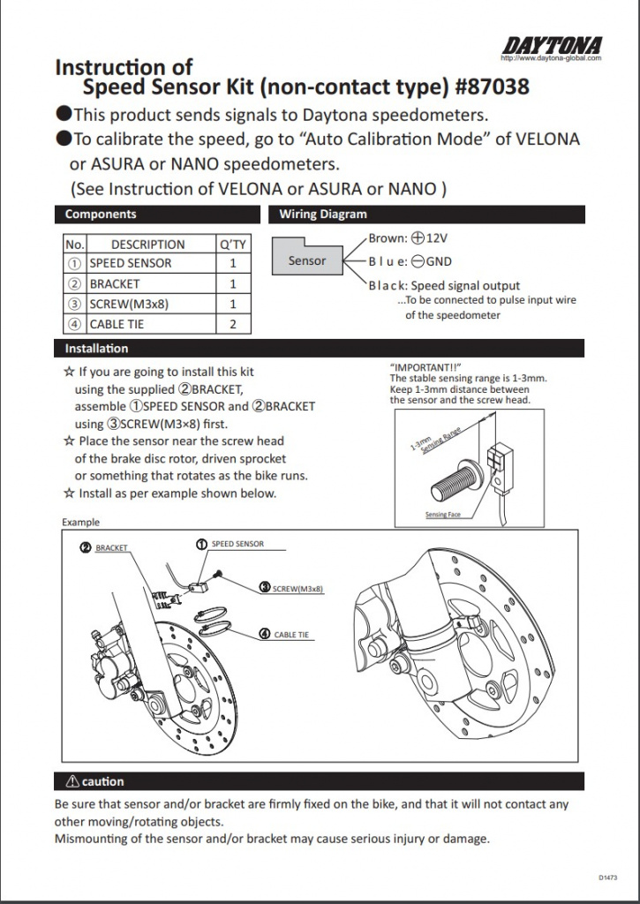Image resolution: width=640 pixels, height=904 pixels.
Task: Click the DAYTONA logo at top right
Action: click(553, 45)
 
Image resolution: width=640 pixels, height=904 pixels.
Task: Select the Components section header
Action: click(101, 214)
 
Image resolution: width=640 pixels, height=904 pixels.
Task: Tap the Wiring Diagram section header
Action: click(322, 214)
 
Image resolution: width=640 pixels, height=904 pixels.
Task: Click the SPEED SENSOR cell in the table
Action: click(131, 263)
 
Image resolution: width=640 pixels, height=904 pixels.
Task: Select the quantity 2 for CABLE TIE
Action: click(233, 324)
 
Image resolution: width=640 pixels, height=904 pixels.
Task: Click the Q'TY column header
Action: click(233, 245)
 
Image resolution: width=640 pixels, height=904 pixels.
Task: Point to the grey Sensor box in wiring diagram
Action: click(307, 260)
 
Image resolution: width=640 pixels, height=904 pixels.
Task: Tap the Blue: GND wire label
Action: click(410, 261)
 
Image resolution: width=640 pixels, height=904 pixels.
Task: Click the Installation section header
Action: click(97, 349)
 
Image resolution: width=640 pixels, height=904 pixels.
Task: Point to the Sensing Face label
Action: click(442, 514)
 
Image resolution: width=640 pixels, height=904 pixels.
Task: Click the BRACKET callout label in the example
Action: click(111, 548)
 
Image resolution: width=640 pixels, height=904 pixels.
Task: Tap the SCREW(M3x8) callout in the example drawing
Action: click(297, 588)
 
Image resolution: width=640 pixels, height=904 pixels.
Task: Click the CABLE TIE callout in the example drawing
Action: click(290, 635)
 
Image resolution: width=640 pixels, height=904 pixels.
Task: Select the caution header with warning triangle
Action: click(96, 781)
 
